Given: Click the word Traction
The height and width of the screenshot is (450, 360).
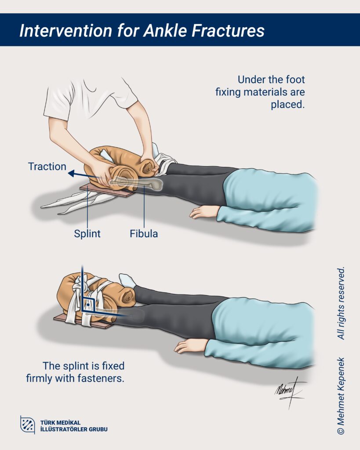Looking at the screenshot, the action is (x=47, y=167).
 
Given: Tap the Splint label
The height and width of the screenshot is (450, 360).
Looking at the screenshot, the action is (x=87, y=234).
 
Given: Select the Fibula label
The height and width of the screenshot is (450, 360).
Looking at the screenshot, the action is (x=144, y=234).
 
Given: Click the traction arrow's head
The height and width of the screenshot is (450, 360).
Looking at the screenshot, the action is (x=71, y=173).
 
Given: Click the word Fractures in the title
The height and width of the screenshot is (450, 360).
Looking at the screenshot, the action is (x=228, y=30).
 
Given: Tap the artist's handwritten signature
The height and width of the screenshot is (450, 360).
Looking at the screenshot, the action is (x=288, y=392).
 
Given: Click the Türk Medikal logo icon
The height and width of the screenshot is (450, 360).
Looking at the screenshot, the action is (x=28, y=425).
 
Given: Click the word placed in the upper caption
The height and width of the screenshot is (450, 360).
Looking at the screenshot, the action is (x=287, y=105).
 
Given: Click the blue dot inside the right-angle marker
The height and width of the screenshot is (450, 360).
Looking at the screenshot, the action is (x=88, y=305).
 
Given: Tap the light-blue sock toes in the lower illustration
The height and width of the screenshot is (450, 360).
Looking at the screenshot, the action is (x=127, y=280).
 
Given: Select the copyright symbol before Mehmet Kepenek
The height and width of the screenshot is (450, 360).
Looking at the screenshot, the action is (x=341, y=431).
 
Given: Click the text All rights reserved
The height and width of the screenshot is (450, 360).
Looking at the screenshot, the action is (x=341, y=303).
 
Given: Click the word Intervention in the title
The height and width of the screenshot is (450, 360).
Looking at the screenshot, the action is (x=66, y=30).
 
